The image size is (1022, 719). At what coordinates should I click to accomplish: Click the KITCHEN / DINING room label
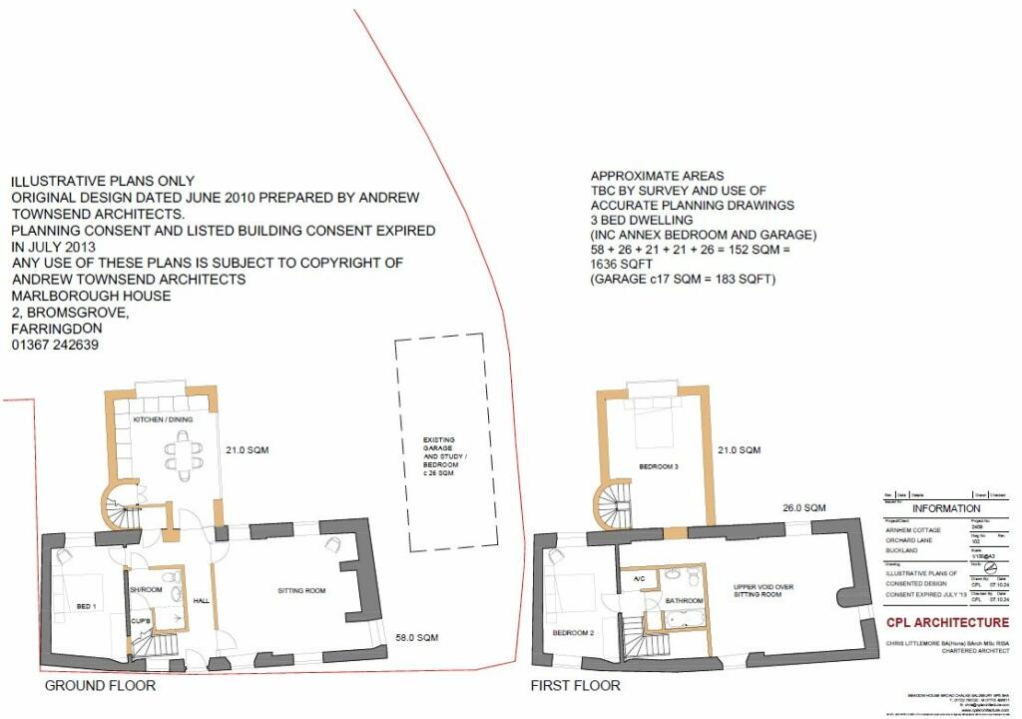[x=163, y=419]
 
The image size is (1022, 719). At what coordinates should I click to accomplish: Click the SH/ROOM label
[x=146, y=590]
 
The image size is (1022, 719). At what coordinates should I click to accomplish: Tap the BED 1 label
[x=86, y=607]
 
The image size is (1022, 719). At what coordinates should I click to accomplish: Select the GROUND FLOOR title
[x=100, y=686]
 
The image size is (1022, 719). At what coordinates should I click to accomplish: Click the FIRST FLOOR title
[x=575, y=686]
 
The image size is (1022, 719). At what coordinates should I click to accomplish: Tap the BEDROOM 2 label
[x=574, y=632]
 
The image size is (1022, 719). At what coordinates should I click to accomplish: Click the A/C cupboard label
[x=637, y=577]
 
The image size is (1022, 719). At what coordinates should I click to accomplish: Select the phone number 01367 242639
[x=55, y=346]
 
